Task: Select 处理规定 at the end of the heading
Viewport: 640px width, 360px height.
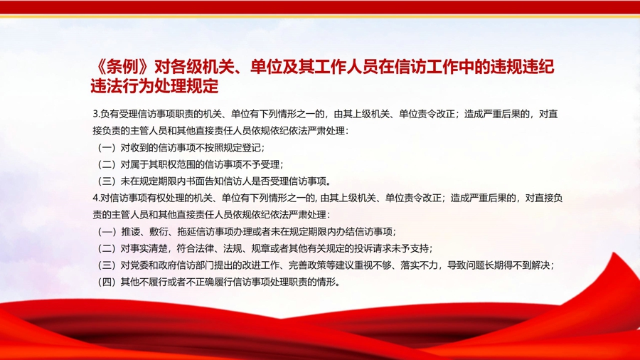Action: [186, 85]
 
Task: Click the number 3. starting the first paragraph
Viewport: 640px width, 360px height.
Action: [96, 114]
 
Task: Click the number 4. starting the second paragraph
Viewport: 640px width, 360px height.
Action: [96, 198]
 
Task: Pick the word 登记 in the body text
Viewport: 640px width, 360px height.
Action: [252, 148]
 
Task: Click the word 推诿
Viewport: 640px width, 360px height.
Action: [130, 232]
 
